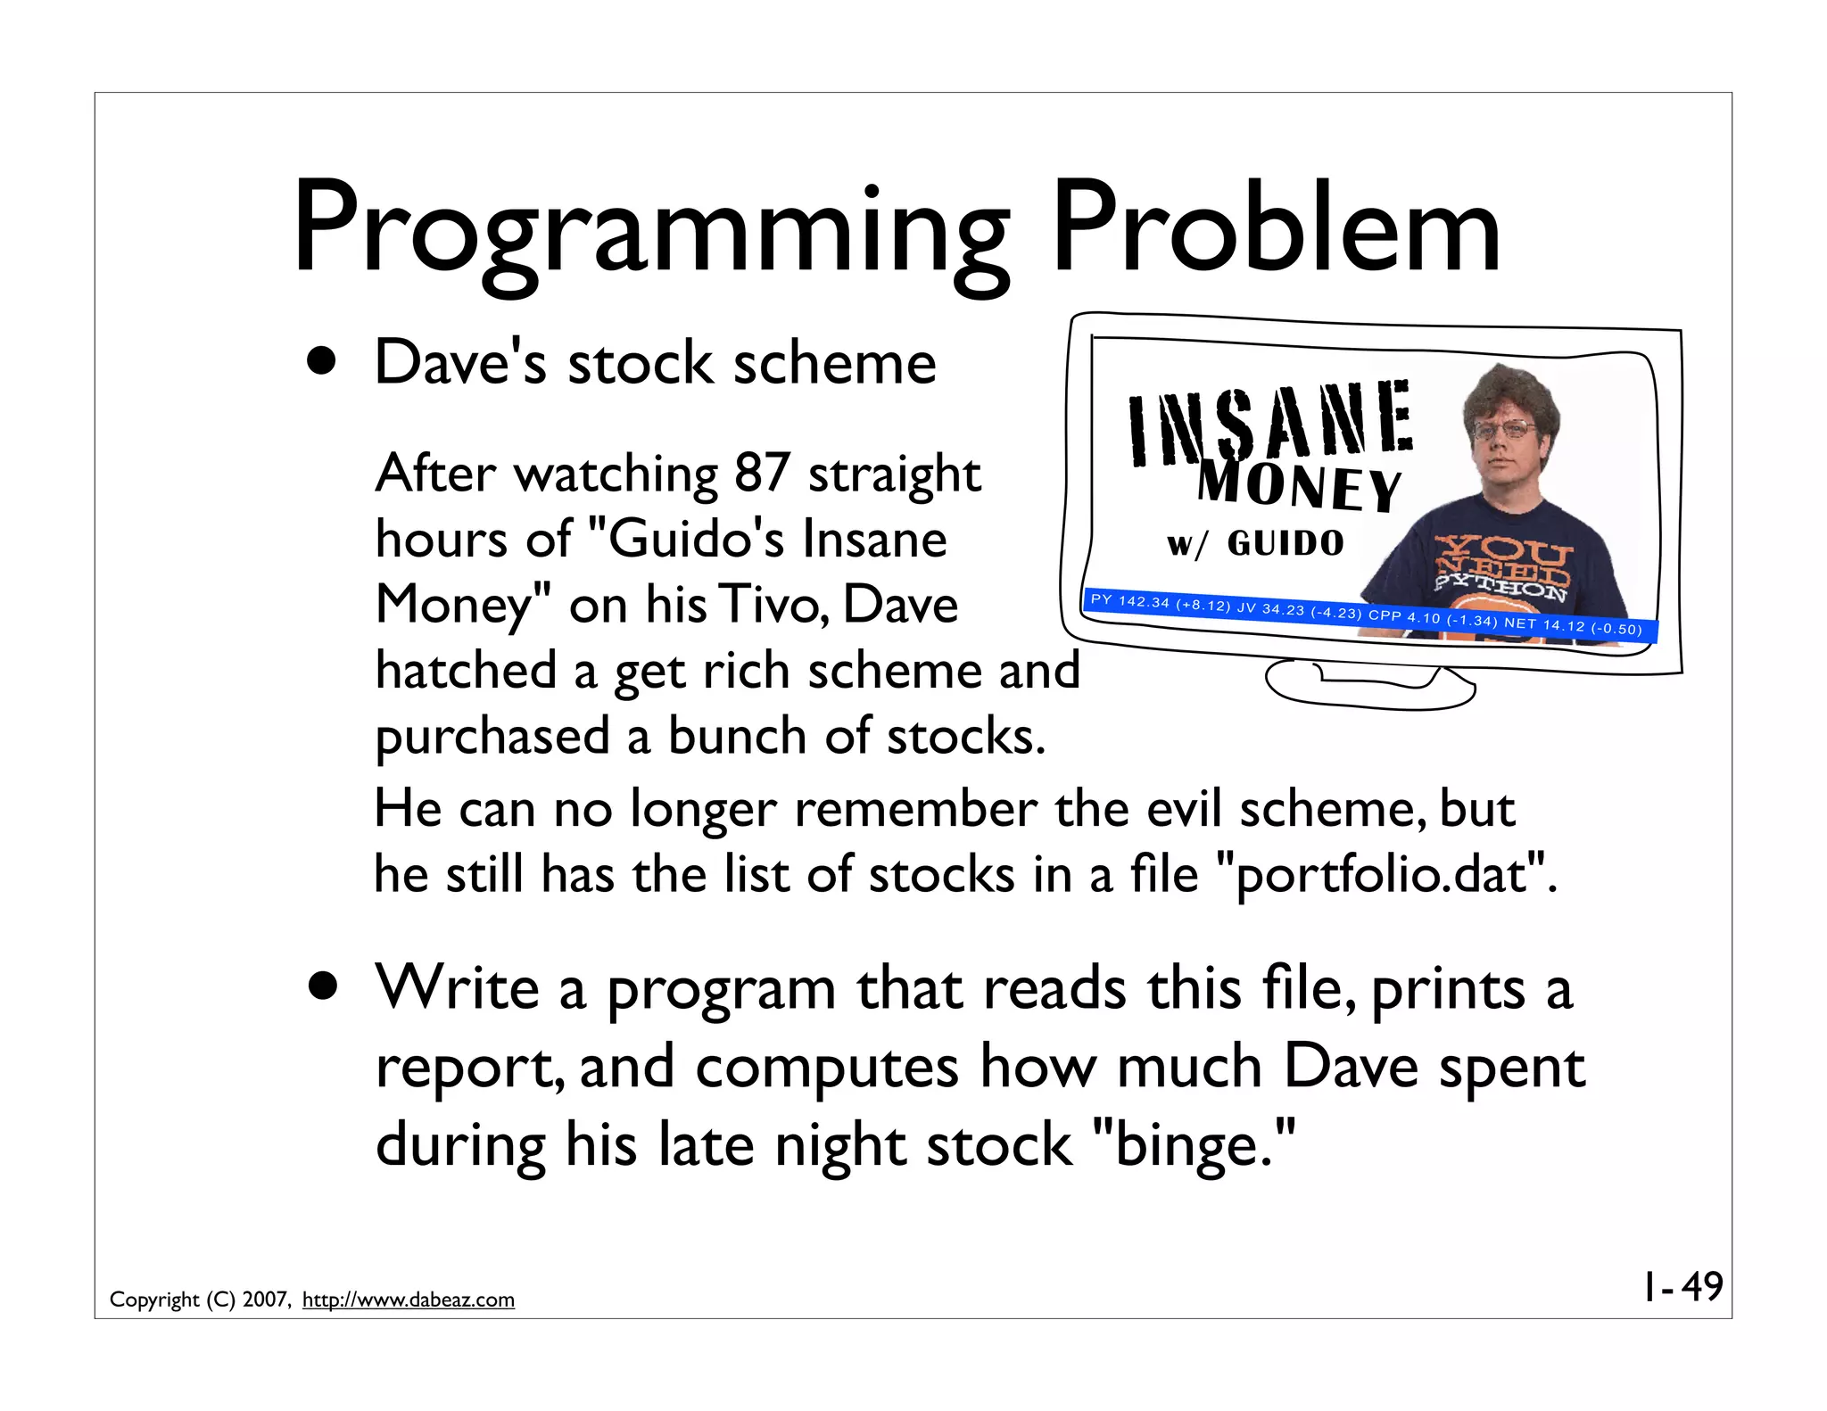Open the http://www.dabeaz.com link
tap(409, 1300)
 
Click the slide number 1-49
tap(1683, 1287)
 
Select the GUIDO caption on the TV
tap(1285, 543)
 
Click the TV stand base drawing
tap(1369, 684)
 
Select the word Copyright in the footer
tap(154, 1300)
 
